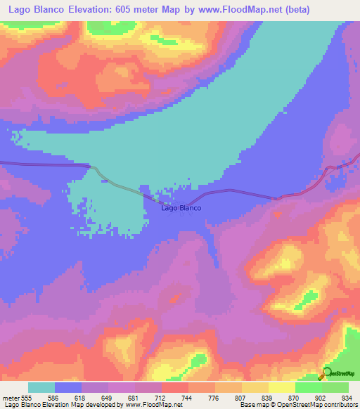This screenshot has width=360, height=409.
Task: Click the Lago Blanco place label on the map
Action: click(181, 208)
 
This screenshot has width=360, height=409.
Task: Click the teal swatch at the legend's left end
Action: click(41, 387)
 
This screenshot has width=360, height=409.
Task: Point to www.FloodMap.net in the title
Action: click(242, 9)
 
